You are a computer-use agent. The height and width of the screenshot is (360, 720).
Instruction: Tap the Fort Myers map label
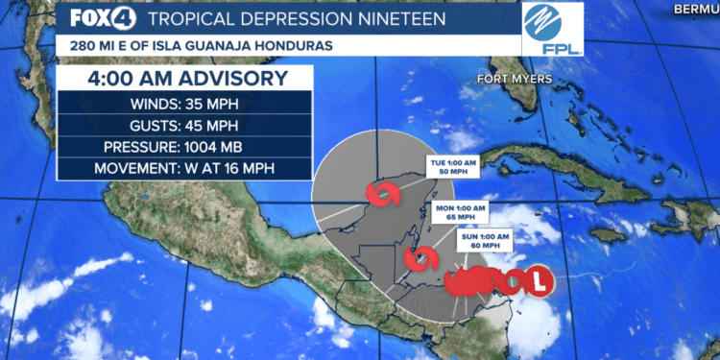pos(520,80)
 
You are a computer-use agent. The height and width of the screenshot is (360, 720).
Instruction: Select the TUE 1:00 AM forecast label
pos(453,168)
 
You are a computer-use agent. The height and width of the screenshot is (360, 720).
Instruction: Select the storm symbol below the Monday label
pos(421,258)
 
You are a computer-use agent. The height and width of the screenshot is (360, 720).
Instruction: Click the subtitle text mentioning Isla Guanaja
pos(192,46)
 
